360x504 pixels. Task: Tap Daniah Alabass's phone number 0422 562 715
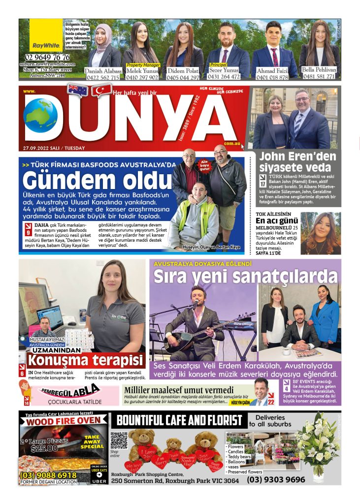[x=102, y=77]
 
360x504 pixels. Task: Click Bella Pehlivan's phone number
[x=319, y=77]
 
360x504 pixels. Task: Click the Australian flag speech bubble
[x=78, y=90]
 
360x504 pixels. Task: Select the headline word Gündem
[x=65, y=181]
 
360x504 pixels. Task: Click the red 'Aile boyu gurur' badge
[x=203, y=166]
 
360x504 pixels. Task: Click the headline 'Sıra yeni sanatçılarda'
[x=245, y=277]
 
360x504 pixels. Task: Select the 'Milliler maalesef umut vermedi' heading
[x=178, y=390]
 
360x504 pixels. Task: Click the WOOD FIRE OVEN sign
[x=63, y=421]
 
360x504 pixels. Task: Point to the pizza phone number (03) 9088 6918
[x=48, y=475]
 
